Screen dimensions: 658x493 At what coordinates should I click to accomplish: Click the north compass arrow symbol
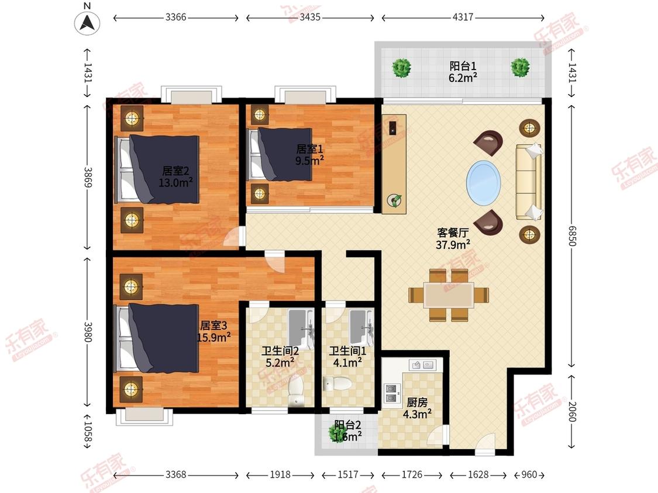(x=87, y=23)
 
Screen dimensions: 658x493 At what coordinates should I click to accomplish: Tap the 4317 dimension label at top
(x=463, y=17)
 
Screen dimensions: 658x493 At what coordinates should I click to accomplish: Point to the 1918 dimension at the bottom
(x=280, y=474)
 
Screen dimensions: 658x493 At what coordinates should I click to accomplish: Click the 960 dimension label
(x=529, y=474)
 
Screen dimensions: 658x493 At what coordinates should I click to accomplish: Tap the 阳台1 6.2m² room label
(x=463, y=72)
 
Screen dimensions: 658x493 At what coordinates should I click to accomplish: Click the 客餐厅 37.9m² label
(x=453, y=238)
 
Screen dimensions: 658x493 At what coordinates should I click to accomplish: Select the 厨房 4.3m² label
(x=417, y=408)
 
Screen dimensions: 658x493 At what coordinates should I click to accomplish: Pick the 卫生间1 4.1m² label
(x=347, y=357)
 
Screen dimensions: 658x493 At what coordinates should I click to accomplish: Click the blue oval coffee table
(x=484, y=183)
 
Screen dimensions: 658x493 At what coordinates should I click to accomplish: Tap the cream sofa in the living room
(x=529, y=182)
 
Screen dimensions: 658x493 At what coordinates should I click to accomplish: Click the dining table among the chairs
(x=449, y=296)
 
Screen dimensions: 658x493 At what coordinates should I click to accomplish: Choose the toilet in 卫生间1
(x=339, y=383)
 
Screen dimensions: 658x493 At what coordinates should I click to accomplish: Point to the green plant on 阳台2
(x=338, y=432)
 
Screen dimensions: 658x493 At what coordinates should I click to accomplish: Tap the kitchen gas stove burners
(x=392, y=393)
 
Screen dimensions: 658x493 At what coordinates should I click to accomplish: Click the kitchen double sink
(x=422, y=365)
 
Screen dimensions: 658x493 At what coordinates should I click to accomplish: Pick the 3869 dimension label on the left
(x=88, y=177)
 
